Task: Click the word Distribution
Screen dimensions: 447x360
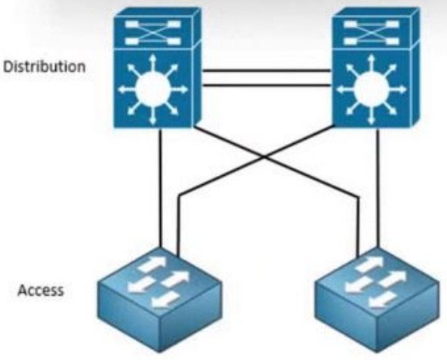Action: pos(45,66)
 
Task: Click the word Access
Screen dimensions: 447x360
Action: pos(41,291)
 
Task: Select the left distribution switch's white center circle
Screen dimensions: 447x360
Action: pos(153,90)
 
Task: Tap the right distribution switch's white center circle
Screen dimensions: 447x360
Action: pos(371,90)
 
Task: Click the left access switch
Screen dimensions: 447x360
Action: pos(159,300)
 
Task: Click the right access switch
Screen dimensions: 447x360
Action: pos(378,300)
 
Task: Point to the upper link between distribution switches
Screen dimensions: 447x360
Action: pos(267,70)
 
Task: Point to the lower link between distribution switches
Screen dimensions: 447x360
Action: pos(267,85)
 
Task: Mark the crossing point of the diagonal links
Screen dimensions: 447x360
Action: pos(264,156)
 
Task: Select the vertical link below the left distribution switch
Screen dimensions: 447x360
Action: pos(161,188)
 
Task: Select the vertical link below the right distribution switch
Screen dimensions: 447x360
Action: pos(378,188)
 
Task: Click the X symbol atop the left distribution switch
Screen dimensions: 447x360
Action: pos(153,32)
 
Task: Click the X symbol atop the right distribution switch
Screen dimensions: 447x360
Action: pos(371,32)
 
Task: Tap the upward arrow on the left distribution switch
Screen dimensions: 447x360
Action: pos(153,63)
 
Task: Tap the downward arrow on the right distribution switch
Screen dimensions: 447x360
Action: pos(371,116)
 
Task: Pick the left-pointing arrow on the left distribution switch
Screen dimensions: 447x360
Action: pos(127,90)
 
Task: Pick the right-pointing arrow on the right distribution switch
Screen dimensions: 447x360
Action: pos(397,90)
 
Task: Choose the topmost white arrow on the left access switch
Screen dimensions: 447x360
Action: pos(152,263)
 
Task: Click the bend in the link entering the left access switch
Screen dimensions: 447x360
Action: pos(178,195)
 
